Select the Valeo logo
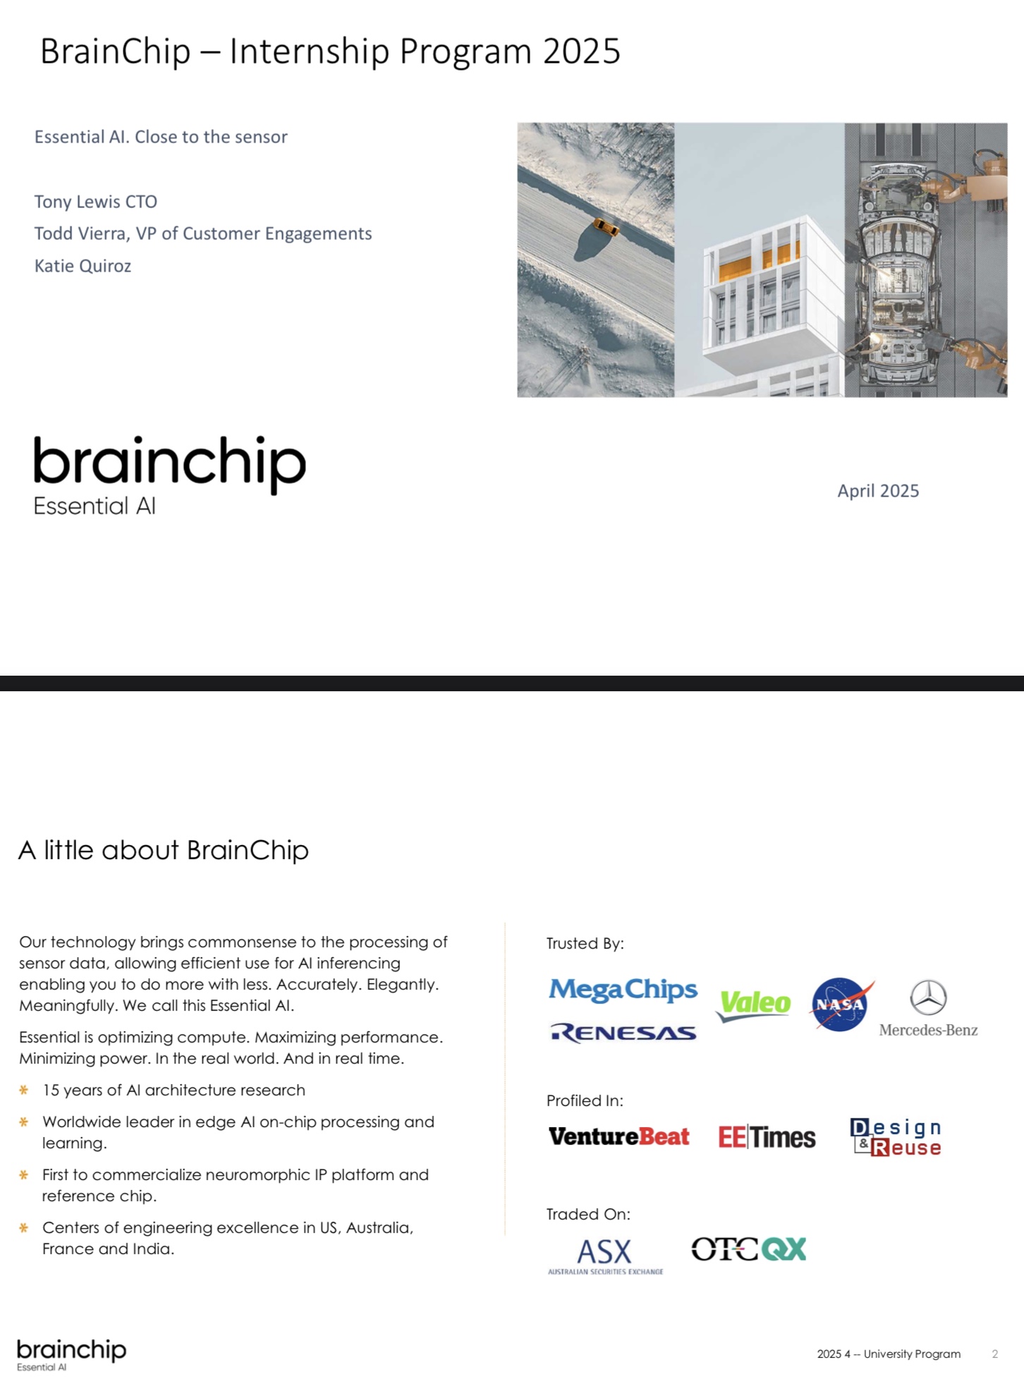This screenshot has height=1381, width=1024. (x=755, y=1004)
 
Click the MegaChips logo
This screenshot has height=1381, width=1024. (x=623, y=990)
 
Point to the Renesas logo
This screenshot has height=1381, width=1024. (x=623, y=1033)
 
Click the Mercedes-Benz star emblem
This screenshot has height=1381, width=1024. (x=928, y=997)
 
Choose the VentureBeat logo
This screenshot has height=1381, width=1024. (x=618, y=1136)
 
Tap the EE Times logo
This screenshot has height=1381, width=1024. (x=767, y=1137)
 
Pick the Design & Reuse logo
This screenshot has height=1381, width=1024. (x=896, y=1137)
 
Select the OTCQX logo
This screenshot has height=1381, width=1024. (x=748, y=1249)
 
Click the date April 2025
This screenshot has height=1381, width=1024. (x=878, y=491)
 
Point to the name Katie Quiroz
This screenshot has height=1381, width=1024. (x=83, y=266)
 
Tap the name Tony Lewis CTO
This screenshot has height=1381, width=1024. (x=96, y=202)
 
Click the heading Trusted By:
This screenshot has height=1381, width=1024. (x=585, y=944)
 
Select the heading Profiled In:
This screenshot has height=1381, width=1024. (x=585, y=1100)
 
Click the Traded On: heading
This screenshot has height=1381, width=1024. (x=588, y=1214)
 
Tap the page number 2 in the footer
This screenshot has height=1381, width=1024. (x=994, y=1353)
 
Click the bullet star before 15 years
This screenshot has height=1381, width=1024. (x=24, y=1090)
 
